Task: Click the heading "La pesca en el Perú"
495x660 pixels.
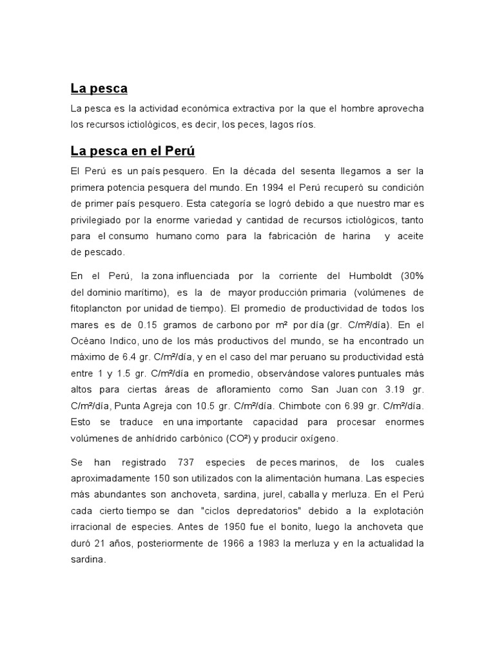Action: [133, 151]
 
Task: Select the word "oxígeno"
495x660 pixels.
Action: [317, 438]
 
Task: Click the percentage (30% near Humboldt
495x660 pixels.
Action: [412, 276]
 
